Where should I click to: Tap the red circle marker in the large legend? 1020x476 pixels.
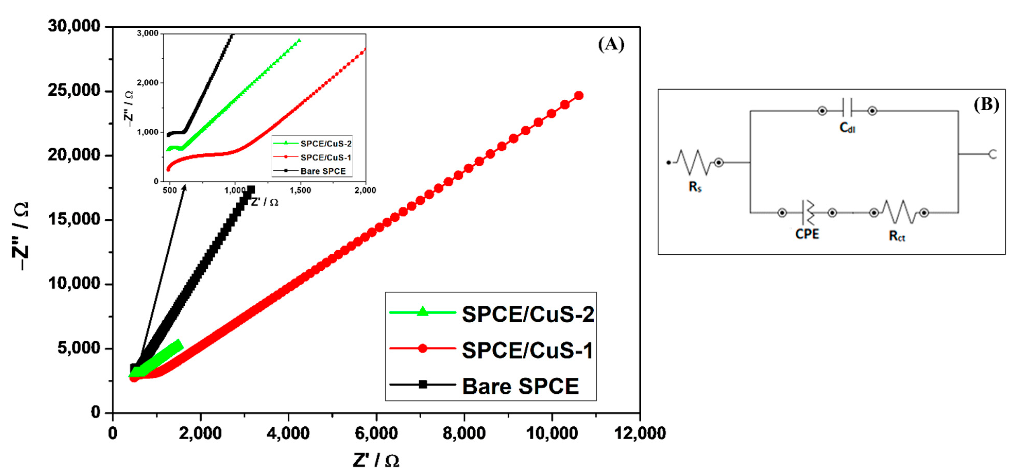[423, 349]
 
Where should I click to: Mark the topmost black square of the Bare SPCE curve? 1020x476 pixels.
[251, 190]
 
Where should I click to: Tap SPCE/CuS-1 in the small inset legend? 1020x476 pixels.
[325, 157]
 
